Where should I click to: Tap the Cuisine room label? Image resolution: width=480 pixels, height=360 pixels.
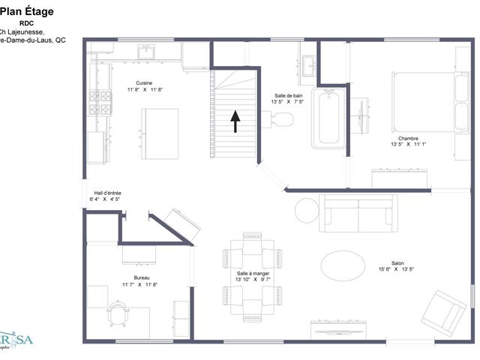point(145,82)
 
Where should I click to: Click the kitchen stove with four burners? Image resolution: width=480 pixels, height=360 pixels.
point(100,103)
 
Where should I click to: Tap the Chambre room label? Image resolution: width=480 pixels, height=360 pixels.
point(408,139)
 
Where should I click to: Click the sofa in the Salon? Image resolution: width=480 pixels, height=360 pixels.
point(358,213)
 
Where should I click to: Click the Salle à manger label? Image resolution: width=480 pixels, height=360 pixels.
point(253,274)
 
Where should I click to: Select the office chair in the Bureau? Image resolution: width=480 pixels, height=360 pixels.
point(117,312)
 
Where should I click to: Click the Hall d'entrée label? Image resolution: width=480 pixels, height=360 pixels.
point(107,193)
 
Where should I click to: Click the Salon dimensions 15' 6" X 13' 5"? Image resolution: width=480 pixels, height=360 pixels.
point(396,269)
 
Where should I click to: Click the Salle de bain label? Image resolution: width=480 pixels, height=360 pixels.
point(287,95)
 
